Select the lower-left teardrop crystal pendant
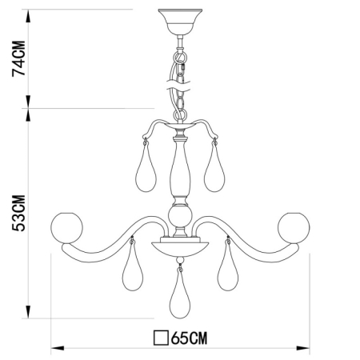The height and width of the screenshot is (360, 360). [x=132, y=270]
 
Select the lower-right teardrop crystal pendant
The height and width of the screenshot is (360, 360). [x=229, y=270]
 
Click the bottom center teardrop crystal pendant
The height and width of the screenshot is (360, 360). [x=179, y=298]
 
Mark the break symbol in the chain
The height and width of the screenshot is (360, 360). [x=179, y=80]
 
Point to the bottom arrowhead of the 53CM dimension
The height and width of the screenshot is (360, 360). [x=30, y=314]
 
